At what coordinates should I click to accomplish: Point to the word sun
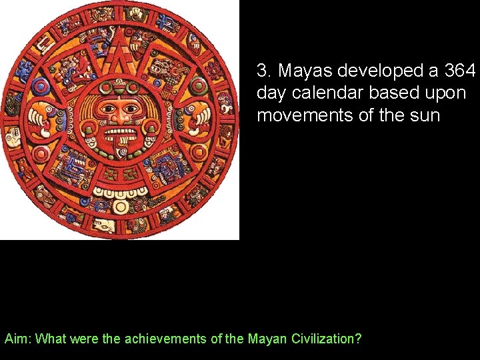pos(425,115)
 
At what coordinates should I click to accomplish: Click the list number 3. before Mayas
pos(264,71)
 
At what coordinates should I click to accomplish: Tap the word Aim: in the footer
pos(18,339)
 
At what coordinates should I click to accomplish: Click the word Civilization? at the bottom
pos(327,339)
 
